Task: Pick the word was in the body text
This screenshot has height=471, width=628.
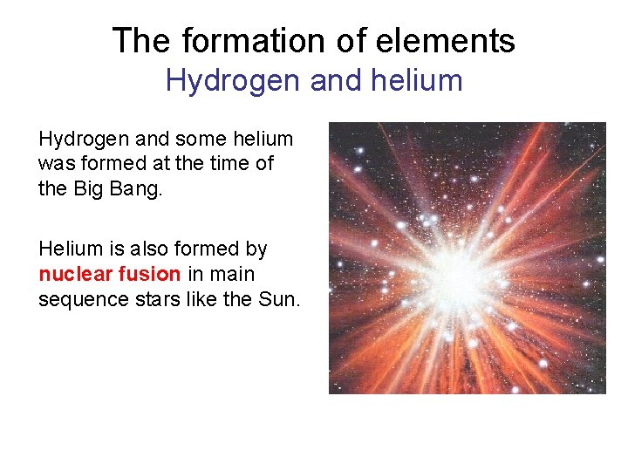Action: pos(55,163)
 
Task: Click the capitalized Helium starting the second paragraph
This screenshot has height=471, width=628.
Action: pos(70,249)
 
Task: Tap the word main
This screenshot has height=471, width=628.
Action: pos(232,275)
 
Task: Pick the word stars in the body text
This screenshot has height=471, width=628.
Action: pos(151,300)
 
